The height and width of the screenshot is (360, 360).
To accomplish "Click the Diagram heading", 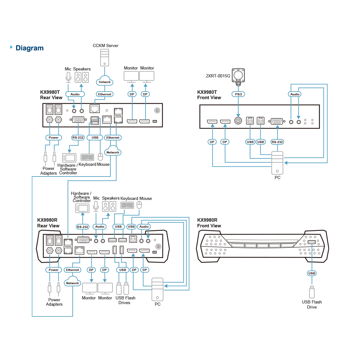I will pyautogui.click(x=29, y=48).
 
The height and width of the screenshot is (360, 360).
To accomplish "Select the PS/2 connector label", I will pyautogui.click(x=238, y=94).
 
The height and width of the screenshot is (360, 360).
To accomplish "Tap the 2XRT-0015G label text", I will pyautogui.click(x=218, y=76).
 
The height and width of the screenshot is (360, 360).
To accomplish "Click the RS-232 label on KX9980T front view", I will pyautogui.click(x=277, y=142).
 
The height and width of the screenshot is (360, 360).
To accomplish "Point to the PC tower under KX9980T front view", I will pyautogui.click(x=277, y=163).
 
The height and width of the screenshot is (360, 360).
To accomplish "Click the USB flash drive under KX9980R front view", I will pyautogui.click(x=312, y=292).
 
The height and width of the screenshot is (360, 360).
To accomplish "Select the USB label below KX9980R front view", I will pyautogui.click(x=312, y=273).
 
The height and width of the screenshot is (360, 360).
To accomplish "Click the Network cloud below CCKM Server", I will pyautogui.click(x=105, y=81).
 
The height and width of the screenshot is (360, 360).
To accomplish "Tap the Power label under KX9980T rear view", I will pyautogui.click(x=54, y=138).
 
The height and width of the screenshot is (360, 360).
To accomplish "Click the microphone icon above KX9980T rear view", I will pyautogui.click(x=68, y=77).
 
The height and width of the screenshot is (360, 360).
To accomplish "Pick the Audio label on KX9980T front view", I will pyautogui.click(x=295, y=94).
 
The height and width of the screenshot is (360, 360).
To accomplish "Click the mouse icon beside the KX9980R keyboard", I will pyautogui.click(x=139, y=205).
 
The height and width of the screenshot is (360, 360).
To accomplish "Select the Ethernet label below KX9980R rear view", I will pyautogui.click(x=73, y=270).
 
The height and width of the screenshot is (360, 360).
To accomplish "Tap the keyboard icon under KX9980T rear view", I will pyautogui.click(x=87, y=157).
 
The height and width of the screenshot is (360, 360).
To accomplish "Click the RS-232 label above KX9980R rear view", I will pyautogui.click(x=83, y=227).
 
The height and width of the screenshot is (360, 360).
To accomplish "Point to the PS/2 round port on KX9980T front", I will pyautogui.click(x=238, y=121).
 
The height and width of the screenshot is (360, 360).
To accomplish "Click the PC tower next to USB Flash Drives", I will pyautogui.click(x=157, y=289).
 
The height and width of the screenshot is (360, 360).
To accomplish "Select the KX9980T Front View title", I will pyautogui.click(x=209, y=95).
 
